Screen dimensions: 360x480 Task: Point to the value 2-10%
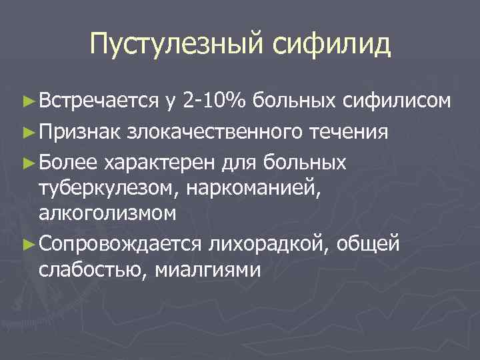point(213,101)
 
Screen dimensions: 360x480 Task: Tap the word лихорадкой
point(265,243)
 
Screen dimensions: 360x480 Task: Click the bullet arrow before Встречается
point(29,102)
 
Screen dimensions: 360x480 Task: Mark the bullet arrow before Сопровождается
point(29,244)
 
